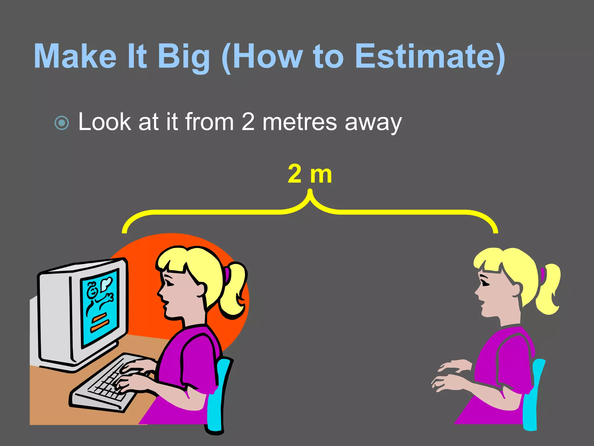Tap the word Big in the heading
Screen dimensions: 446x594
click(x=184, y=57)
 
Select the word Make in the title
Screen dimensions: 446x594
click(x=75, y=56)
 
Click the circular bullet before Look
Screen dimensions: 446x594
click(x=62, y=123)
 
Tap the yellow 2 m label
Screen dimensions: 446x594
click(x=309, y=174)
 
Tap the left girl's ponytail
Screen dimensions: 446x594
click(x=233, y=290)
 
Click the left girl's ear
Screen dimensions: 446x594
click(x=201, y=289)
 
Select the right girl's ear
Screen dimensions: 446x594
click(x=518, y=289)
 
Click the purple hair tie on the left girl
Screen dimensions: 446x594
click(x=227, y=274)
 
